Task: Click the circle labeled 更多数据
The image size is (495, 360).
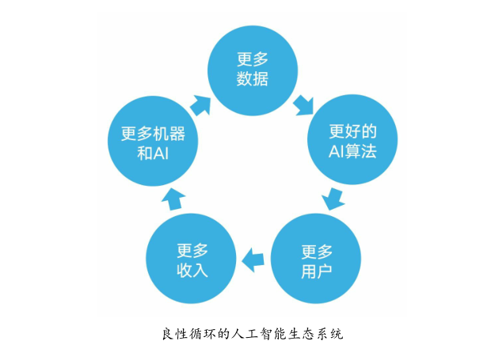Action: [253, 70]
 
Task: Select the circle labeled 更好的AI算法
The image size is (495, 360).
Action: [352, 140]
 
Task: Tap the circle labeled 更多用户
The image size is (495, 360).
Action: [316, 259]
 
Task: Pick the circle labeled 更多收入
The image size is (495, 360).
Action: [192, 259]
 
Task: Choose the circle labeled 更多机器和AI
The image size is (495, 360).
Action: [153, 141]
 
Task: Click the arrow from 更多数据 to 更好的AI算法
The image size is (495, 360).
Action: [303, 105]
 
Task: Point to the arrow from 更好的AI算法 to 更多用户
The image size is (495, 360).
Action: [333, 199]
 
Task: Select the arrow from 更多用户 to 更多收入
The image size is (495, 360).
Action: [253, 260]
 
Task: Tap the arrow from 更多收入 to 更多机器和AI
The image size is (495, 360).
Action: [173, 199]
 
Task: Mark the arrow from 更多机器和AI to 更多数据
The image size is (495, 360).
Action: [201, 105]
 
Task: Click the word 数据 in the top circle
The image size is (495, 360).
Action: [253, 79]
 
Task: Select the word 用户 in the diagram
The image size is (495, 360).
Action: [317, 271]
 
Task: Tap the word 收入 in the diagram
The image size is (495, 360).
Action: [192, 270]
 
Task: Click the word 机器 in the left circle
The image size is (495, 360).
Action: [169, 134]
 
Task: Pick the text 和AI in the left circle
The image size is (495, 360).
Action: [153, 153]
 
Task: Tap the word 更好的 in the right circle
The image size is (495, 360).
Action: [353, 131]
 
